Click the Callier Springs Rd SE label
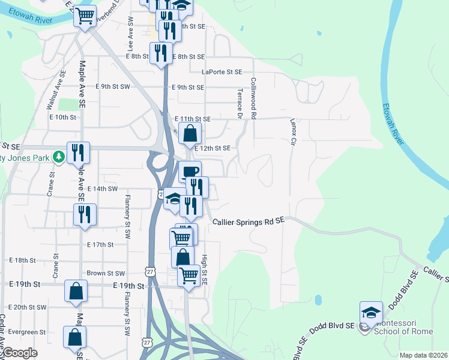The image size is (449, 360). (249, 222)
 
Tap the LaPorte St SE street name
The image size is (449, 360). (221, 71)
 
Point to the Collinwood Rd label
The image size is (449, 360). (254, 97)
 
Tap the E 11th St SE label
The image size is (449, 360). (192, 119)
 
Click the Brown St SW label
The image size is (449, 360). (105, 273)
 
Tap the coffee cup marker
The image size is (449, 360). (190, 172)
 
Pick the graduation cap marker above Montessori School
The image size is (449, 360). (371, 312)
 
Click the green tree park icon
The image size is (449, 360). (58, 158)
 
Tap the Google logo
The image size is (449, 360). (20, 353)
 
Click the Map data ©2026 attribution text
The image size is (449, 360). (423, 355)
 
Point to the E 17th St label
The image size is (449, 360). (100, 245)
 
